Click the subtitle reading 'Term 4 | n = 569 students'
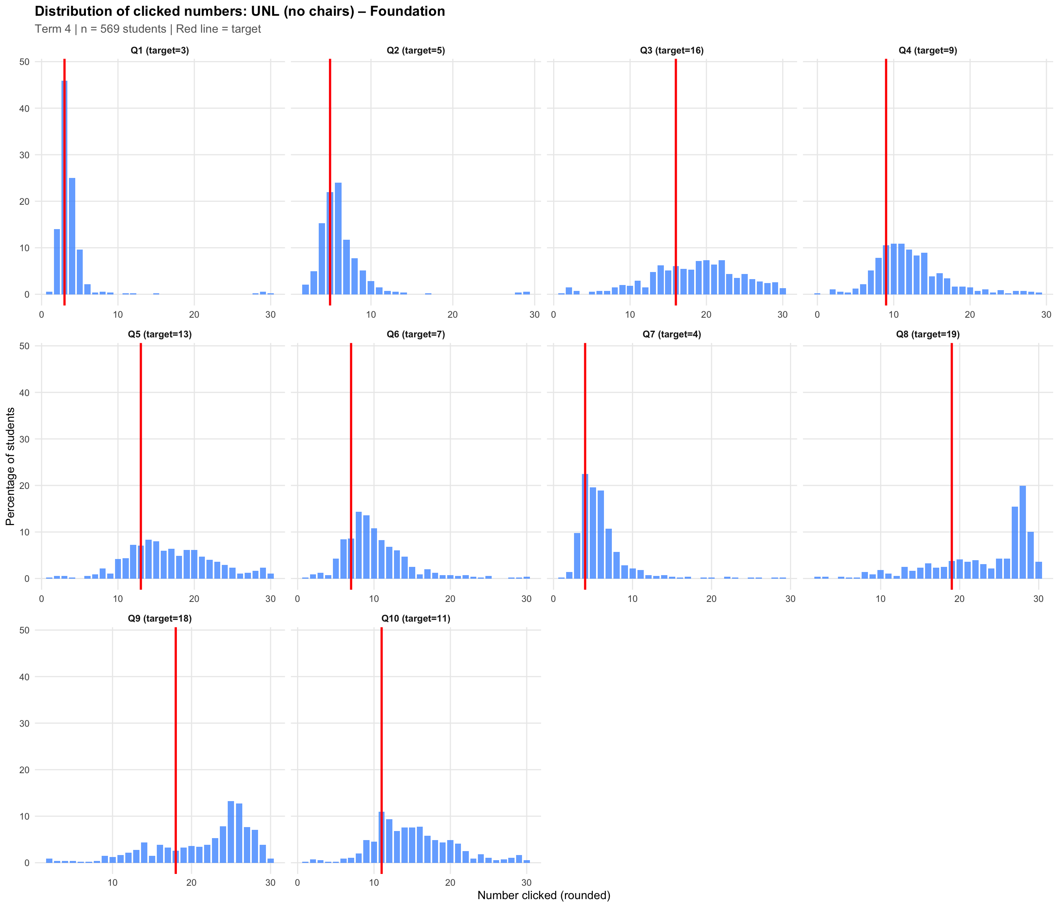pyautogui.click(x=148, y=29)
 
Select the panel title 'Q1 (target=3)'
pyautogui.click(x=160, y=50)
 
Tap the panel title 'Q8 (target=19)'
pyautogui.click(x=928, y=335)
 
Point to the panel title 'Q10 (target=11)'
pyautogui.click(x=416, y=618)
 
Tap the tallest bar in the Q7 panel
pyautogui.click(x=585, y=526)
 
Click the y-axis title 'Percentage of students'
pyautogui.click(x=10, y=466)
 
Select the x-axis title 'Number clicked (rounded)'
pyautogui.click(x=544, y=895)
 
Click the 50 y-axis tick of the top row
pyautogui.click(x=24, y=62)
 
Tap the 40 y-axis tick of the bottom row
pyautogui.click(x=24, y=677)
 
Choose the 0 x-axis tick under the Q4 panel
pyautogui.click(x=817, y=315)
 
